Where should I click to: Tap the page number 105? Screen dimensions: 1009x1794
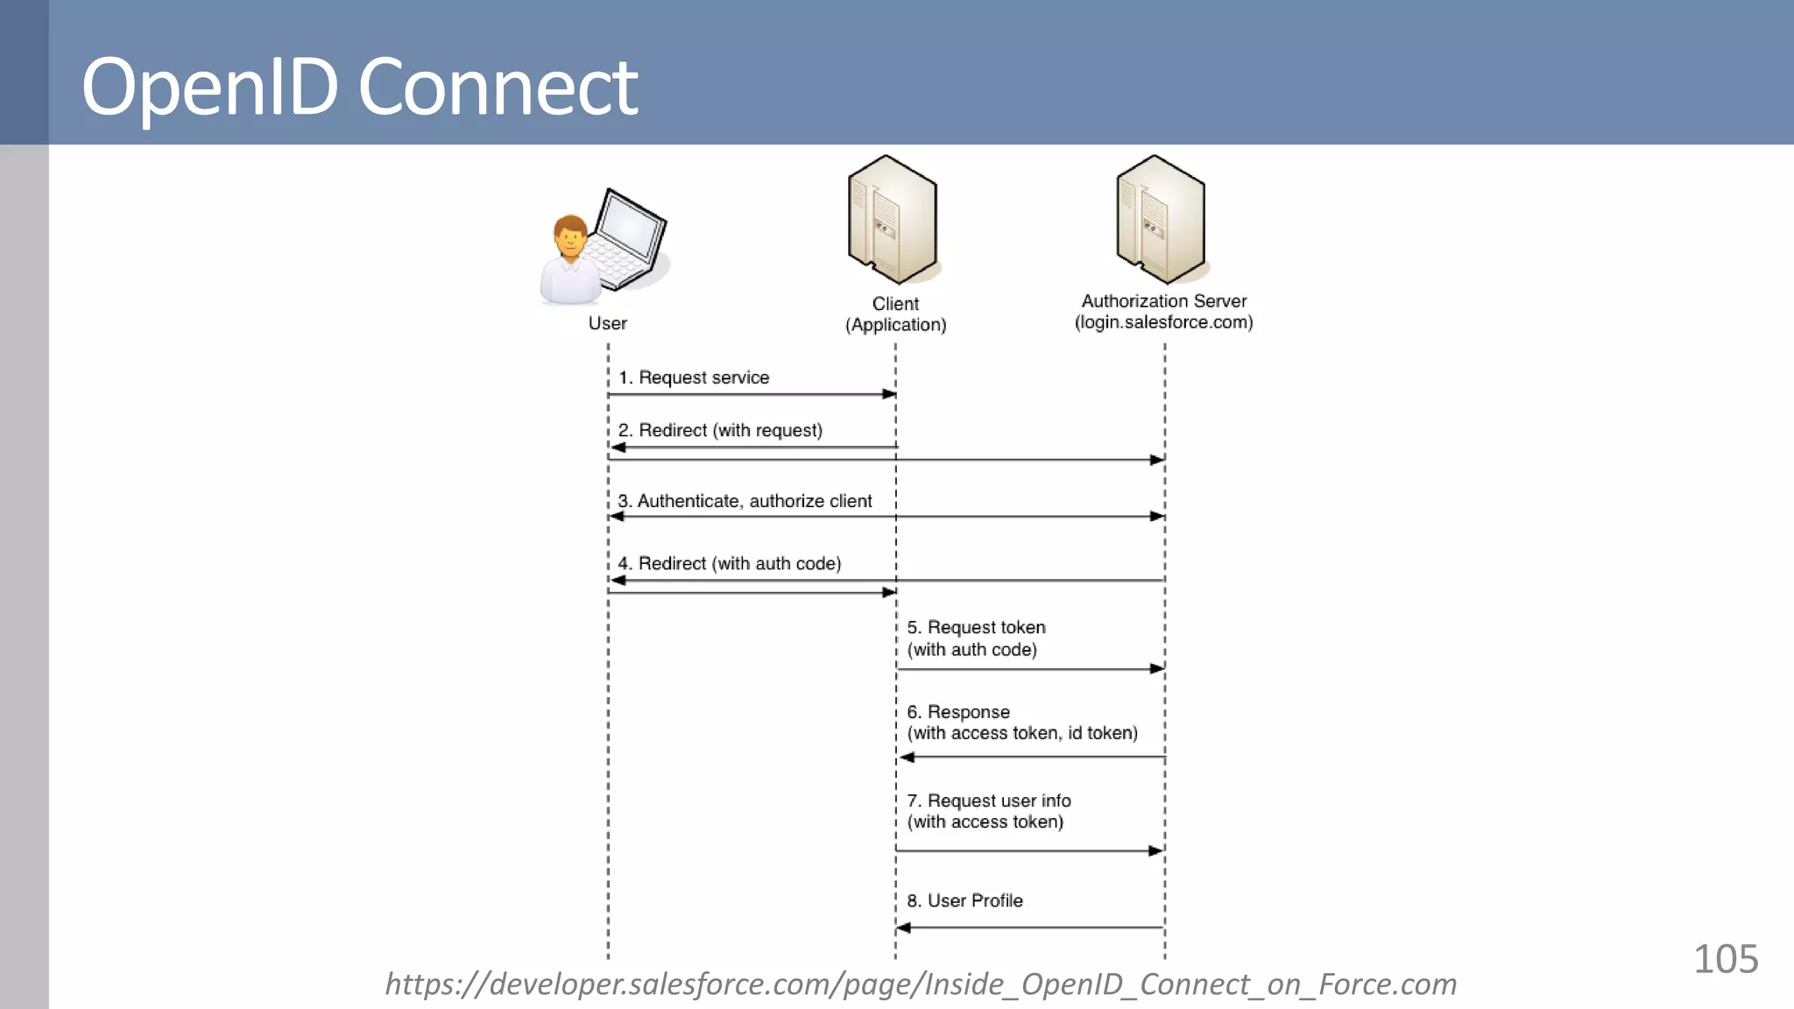pos(1725,959)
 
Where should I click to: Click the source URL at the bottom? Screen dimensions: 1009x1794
pos(920,984)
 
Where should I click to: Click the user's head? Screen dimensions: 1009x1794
pos(570,236)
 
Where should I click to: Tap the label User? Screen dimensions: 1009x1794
pos(607,323)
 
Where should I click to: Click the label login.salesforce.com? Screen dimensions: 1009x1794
pos(1163,322)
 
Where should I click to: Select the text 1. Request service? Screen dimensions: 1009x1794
pos(694,377)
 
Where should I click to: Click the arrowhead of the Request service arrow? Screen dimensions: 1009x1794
pos(889,394)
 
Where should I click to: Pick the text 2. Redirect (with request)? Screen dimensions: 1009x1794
pos(720,430)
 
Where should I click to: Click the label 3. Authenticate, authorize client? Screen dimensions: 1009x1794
pos(745,501)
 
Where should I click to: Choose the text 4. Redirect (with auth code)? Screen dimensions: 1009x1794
pos(729,563)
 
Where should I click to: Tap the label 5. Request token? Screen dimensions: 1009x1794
pos(976,627)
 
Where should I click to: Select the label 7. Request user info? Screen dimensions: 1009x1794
pos(988,801)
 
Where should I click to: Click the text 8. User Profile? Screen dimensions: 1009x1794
pos(964,900)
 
